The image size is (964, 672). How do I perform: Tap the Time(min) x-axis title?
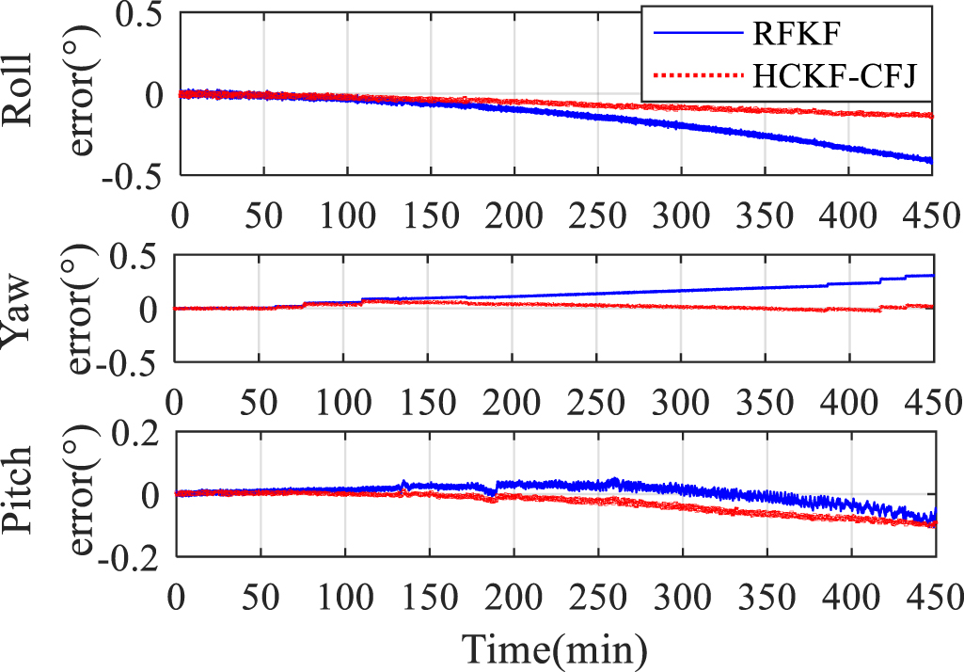pos(553,648)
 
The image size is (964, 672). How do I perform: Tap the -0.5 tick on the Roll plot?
pos(135,176)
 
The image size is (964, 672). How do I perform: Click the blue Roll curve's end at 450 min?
pos(931,161)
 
